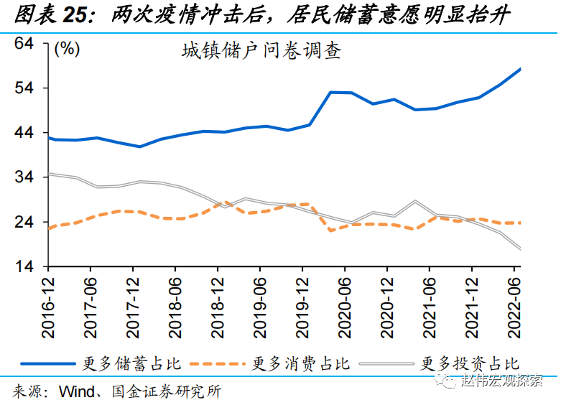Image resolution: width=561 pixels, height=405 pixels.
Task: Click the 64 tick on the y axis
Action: pyautogui.click(x=24, y=44)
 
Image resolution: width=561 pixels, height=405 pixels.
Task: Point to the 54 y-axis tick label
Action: pyautogui.click(x=24, y=88)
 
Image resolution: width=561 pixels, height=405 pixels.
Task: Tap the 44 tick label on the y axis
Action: pyautogui.click(x=24, y=133)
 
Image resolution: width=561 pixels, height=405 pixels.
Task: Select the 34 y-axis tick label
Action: pyautogui.click(x=24, y=177)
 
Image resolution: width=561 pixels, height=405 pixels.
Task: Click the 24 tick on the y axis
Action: pyautogui.click(x=24, y=223)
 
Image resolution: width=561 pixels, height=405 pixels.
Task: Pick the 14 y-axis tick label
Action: pyautogui.click(x=24, y=267)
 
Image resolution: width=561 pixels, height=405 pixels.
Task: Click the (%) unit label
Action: pyautogui.click(x=67, y=50)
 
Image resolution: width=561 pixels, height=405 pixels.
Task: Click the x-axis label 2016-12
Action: pyautogui.click(x=48, y=306)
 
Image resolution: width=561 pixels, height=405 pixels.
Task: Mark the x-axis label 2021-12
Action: pyautogui.click(x=472, y=306)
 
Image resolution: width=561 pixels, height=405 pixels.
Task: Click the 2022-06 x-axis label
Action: pyautogui.click(x=514, y=306)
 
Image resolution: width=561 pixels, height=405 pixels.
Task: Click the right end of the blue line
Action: pyautogui.click(x=519, y=69)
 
